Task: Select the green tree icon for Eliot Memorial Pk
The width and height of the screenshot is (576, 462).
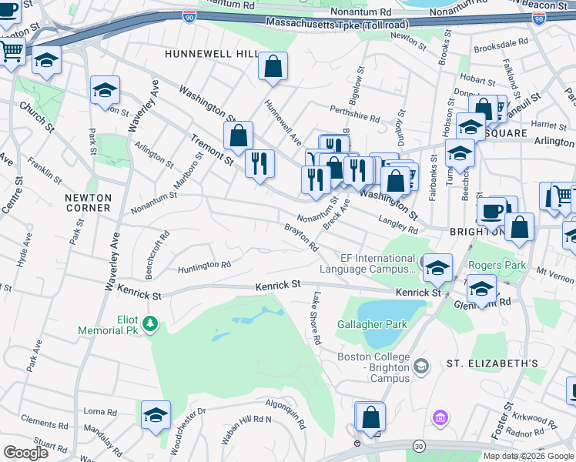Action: coord(152,323)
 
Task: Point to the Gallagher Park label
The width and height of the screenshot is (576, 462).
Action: coord(372,324)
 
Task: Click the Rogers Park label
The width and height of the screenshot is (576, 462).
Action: coord(497,265)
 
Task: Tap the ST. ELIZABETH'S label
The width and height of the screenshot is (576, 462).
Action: coord(492,363)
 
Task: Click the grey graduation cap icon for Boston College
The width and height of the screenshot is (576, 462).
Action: coord(420,367)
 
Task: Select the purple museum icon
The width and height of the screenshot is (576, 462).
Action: coord(440,417)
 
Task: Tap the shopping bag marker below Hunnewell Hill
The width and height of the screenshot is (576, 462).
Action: coord(273,69)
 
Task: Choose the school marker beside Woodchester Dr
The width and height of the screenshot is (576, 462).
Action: coord(156,414)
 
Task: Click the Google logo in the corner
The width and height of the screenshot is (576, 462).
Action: coord(25,453)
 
